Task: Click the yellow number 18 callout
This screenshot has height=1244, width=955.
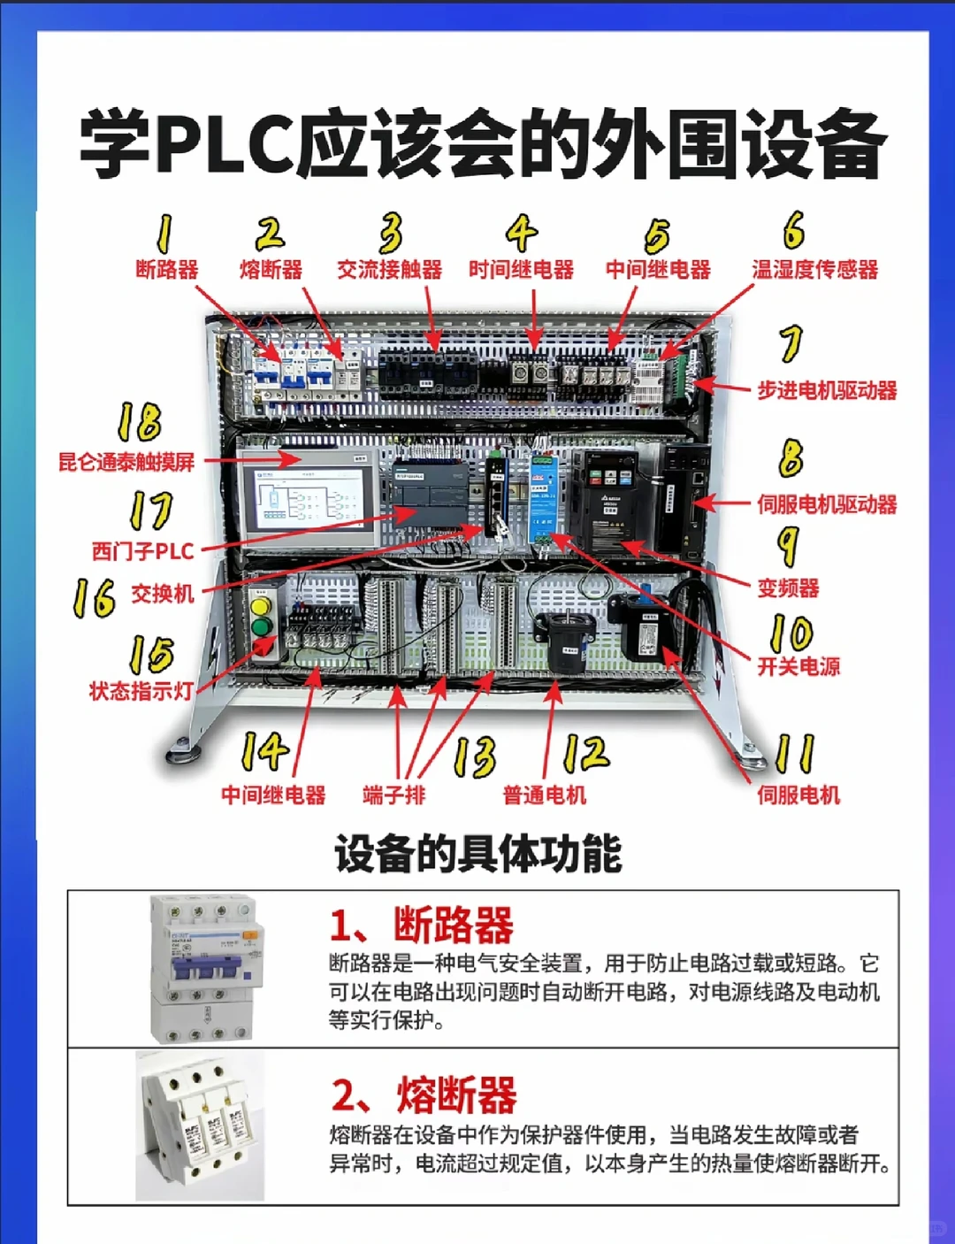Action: pyautogui.click(x=140, y=422)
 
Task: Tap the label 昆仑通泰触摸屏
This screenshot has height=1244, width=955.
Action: pyautogui.click(x=126, y=462)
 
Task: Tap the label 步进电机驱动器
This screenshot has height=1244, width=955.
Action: pyautogui.click(x=826, y=390)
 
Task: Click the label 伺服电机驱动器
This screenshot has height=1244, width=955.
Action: pyautogui.click(x=826, y=504)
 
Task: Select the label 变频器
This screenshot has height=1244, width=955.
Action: pyautogui.click(x=787, y=587)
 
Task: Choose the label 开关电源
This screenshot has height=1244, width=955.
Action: pyautogui.click(x=798, y=666)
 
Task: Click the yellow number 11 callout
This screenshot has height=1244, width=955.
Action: pyautogui.click(x=793, y=754)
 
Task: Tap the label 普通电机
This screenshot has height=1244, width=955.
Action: pyautogui.click(x=544, y=795)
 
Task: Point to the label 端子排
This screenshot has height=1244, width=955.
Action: pyautogui.click(x=393, y=795)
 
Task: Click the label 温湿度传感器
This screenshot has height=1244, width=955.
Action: pyautogui.click(x=814, y=270)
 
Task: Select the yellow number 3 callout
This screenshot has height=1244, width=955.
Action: pyautogui.click(x=390, y=233)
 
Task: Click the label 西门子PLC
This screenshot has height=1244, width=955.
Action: pyautogui.click(x=142, y=551)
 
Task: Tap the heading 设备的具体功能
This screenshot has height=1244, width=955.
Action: pyautogui.click(x=477, y=854)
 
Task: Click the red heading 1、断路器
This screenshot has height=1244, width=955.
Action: pyautogui.click(x=421, y=925)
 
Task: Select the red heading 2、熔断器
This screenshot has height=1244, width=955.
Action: pyautogui.click(x=424, y=1095)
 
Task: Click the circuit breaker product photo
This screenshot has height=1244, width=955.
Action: pyautogui.click(x=206, y=968)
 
